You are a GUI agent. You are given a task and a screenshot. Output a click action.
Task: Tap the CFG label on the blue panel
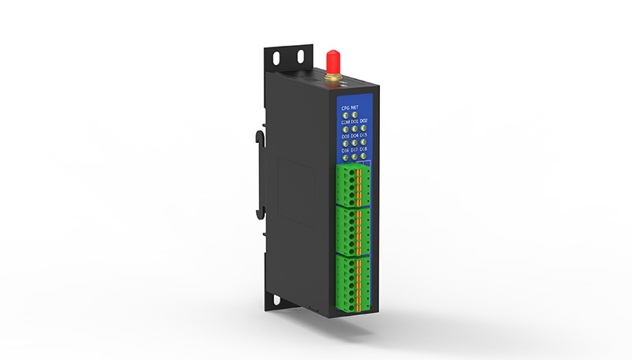(344, 106)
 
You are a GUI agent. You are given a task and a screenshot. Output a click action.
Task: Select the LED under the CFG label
(344, 114)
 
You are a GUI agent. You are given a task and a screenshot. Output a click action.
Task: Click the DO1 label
(354, 122)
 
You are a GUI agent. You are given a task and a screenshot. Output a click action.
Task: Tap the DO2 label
(363, 122)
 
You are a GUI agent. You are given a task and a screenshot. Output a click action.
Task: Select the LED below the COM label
(344, 129)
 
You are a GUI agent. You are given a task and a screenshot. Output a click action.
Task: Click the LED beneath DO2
(363, 129)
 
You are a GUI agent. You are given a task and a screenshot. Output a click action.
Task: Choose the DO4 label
(354, 136)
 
